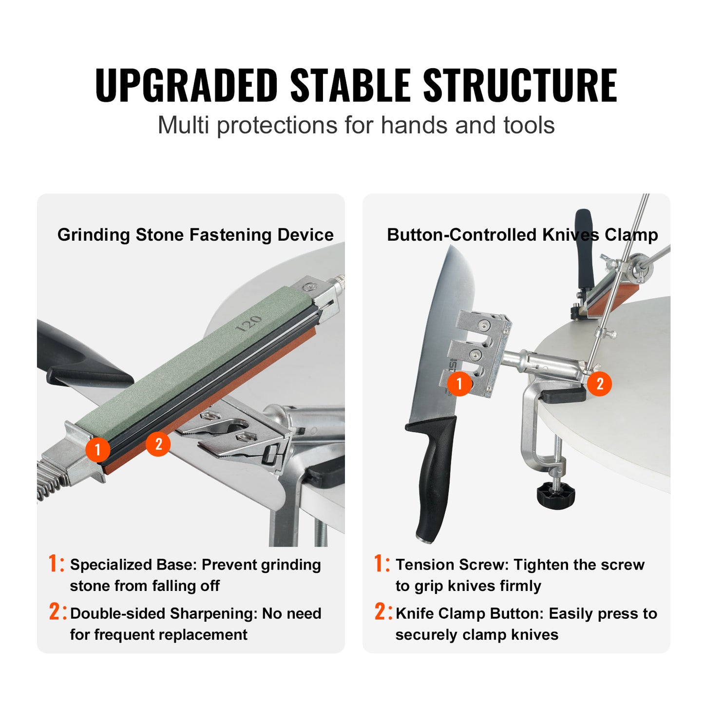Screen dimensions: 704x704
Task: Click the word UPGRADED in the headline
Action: (x=187, y=86)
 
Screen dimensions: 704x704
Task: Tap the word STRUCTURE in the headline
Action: (x=520, y=86)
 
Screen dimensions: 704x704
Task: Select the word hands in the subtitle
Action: (x=415, y=125)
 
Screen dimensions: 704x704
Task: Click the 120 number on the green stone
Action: (x=249, y=323)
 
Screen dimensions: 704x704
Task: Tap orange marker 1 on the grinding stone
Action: (x=97, y=449)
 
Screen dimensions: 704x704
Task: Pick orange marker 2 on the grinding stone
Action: (x=158, y=444)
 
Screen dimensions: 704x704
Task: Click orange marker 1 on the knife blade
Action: (x=459, y=383)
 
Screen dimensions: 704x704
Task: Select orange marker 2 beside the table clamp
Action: (x=599, y=384)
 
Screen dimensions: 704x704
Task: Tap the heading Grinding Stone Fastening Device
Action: (x=195, y=235)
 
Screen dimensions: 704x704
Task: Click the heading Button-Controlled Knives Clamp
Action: (x=522, y=235)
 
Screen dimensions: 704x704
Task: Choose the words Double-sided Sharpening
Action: (x=163, y=613)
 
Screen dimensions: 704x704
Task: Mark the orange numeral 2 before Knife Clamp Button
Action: (x=380, y=612)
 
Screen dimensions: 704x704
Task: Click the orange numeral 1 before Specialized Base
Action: (x=54, y=563)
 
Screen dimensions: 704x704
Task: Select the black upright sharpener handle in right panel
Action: (x=584, y=248)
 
